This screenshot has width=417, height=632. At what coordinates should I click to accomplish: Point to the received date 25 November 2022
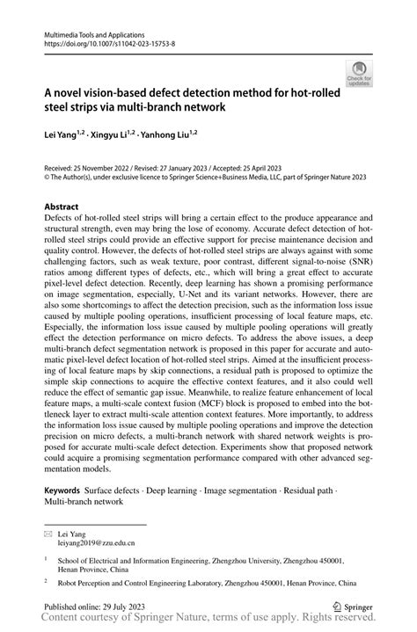coord(106,166)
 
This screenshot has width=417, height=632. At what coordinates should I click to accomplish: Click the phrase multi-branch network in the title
coord(172,107)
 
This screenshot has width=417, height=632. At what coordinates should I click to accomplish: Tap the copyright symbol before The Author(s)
coord(47,175)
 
